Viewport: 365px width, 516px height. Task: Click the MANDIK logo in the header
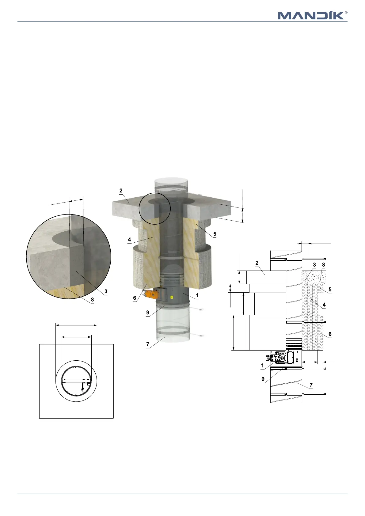(x=311, y=16)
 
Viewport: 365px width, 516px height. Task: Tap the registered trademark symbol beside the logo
(x=346, y=13)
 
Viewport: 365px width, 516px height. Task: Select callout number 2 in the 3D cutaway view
(x=121, y=191)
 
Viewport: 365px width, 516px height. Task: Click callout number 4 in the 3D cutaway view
(x=129, y=240)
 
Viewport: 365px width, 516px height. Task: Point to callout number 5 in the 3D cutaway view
(x=215, y=234)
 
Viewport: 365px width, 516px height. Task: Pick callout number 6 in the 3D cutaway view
(x=135, y=298)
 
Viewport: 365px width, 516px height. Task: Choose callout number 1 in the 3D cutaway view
(x=197, y=295)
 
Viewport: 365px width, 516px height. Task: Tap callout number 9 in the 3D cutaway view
(x=148, y=313)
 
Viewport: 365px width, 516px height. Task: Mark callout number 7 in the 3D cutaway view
(x=148, y=344)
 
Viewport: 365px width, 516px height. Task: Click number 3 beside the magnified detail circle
(x=106, y=291)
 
